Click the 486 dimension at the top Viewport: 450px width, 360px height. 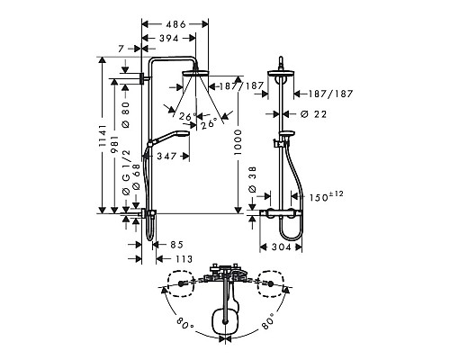click(175, 24)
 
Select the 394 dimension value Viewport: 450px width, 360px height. click(168, 39)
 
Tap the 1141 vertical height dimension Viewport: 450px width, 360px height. click(103, 136)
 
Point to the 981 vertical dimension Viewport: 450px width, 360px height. click(115, 145)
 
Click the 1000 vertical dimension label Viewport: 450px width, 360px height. click(238, 142)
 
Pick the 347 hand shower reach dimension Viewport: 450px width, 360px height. click(166, 156)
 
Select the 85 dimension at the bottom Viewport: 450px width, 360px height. click(176, 245)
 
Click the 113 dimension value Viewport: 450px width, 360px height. click(183, 258)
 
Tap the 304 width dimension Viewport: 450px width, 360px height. click(282, 247)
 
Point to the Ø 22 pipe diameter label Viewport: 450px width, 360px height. click(313, 114)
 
